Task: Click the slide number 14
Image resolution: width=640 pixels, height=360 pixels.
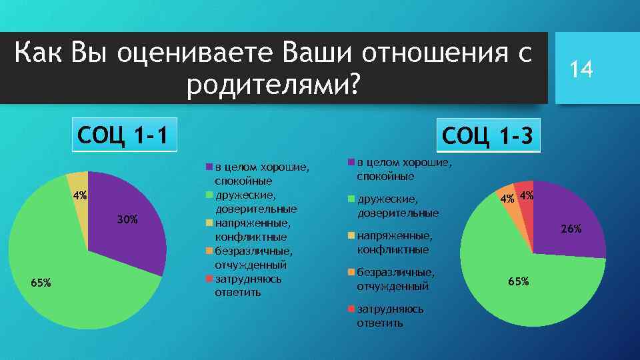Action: point(581,69)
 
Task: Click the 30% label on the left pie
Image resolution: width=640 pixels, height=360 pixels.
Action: point(127,219)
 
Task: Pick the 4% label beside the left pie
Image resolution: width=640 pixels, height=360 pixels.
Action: point(80,196)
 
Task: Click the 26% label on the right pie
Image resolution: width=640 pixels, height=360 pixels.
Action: point(571,229)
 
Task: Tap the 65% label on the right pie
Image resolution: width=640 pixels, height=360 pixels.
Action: point(518,281)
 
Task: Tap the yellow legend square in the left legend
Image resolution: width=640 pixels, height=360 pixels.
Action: point(209,223)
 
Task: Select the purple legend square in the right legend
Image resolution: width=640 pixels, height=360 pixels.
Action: point(352,162)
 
